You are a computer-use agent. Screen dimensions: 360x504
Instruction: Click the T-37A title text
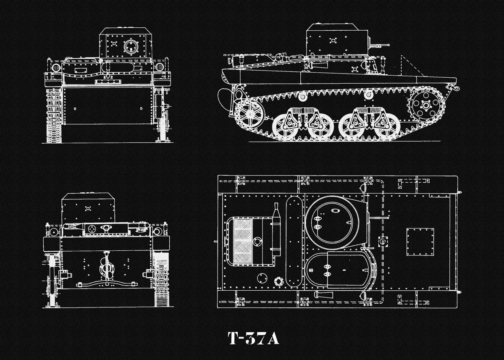tap(253, 338)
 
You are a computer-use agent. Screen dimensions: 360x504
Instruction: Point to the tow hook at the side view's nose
tap(454, 88)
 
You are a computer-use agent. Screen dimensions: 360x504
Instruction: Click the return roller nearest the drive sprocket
tap(368, 95)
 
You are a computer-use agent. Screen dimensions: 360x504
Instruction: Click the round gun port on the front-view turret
tap(131, 46)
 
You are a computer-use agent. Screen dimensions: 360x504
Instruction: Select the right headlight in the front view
tap(160, 67)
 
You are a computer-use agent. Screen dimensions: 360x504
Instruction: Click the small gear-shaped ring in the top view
tap(279, 281)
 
